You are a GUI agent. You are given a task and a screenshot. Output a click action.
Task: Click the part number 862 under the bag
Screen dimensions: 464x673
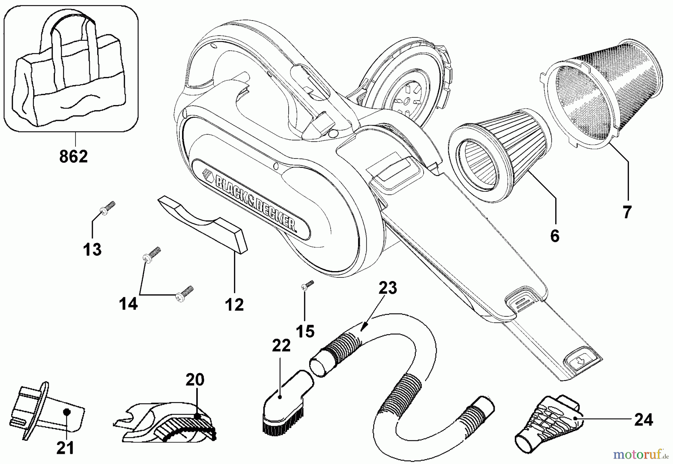click(x=74, y=156)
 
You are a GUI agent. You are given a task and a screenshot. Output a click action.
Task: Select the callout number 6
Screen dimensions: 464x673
click(x=555, y=236)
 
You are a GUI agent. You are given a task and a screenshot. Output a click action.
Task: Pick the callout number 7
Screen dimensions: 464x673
click(x=627, y=212)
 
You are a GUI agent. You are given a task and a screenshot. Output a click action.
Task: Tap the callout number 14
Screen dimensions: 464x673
click(x=128, y=304)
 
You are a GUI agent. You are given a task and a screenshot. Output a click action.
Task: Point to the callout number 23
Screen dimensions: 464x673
click(x=387, y=288)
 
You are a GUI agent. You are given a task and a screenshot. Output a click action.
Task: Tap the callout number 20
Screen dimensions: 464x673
click(x=195, y=380)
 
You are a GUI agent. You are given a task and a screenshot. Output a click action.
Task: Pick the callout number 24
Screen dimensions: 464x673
click(x=643, y=420)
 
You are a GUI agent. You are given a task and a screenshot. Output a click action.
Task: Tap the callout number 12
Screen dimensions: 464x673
click(x=234, y=305)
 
